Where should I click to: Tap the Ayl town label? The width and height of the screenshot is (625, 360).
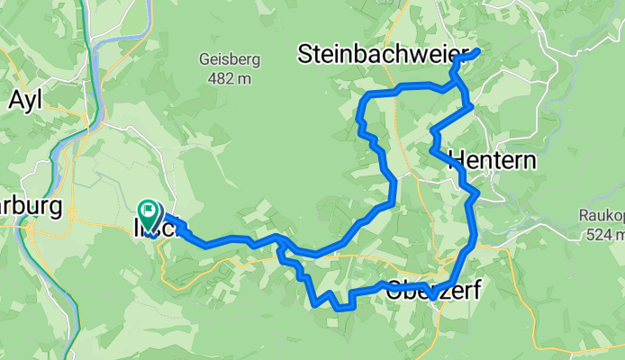click(27, 101)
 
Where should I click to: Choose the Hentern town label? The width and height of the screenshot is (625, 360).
click(492, 160)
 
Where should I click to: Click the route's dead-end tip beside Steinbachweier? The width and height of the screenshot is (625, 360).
click(476, 52)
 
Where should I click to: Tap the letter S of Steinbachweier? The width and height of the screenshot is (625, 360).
click(306, 56)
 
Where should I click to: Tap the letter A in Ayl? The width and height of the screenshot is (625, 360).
click(15, 100)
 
